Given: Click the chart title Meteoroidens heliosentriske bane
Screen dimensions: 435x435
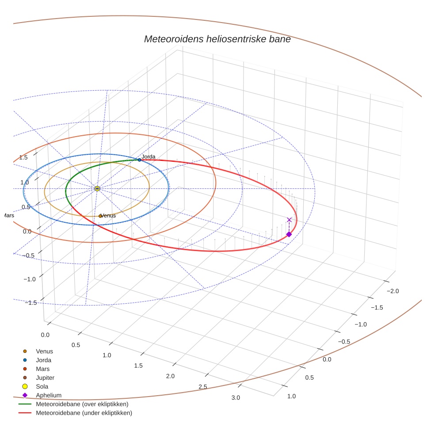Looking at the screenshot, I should [217, 39].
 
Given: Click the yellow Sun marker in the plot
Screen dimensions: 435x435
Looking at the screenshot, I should [97, 188].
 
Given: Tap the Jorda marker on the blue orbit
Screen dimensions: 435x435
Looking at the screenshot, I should [139, 160].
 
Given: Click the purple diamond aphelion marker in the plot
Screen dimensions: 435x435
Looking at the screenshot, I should [289, 234].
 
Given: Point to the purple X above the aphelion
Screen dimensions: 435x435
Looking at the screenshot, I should [289, 220].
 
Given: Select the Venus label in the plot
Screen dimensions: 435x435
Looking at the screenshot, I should [108, 216].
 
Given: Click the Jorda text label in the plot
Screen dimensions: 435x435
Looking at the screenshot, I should [149, 156].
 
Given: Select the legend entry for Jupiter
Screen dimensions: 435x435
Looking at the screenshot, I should [45, 378].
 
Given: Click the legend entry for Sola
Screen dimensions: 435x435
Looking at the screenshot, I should [42, 386].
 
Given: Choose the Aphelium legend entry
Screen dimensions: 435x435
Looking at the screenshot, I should [49, 395].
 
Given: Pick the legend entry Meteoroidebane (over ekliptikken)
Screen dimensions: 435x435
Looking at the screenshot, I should [82, 404].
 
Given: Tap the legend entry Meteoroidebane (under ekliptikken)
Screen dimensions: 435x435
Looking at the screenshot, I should [84, 413].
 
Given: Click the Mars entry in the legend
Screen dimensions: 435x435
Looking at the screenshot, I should [42, 369].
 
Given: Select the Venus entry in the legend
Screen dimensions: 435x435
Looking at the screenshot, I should [44, 351].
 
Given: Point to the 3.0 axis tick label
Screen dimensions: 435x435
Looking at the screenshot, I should [236, 397].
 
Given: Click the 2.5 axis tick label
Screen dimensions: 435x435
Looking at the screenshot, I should [203, 387].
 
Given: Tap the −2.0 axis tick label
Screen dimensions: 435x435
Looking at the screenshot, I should [392, 291].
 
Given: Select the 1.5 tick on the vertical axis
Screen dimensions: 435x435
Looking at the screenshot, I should [23, 157].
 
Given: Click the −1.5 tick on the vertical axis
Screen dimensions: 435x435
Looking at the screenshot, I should [31, 302].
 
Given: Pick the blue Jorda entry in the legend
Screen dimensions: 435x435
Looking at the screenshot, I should [43, 360].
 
